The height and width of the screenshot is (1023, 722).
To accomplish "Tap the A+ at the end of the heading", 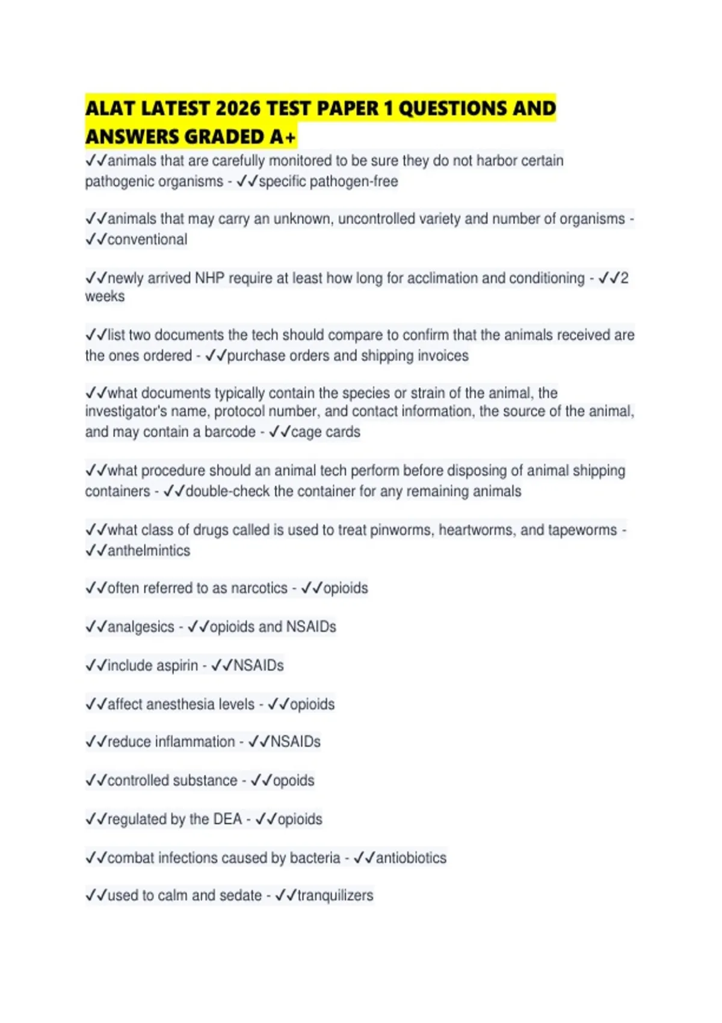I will click(x=283, y=137).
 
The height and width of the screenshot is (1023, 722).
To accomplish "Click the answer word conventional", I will click(x=147, y=240).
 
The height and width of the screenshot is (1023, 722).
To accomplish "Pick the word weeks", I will click(x=105, y=296).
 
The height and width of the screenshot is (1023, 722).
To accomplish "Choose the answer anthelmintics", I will click(x=149, y=551).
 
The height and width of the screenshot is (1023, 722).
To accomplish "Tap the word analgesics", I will click(x=141, y=626).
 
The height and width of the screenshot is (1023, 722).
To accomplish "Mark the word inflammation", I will click(x=195, y=741).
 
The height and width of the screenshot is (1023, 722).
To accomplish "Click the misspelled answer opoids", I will click(x=294, y=780).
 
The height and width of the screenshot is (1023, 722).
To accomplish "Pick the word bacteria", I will click(x=315, y=858).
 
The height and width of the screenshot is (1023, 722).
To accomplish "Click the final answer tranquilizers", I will click(x=335, y=895).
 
